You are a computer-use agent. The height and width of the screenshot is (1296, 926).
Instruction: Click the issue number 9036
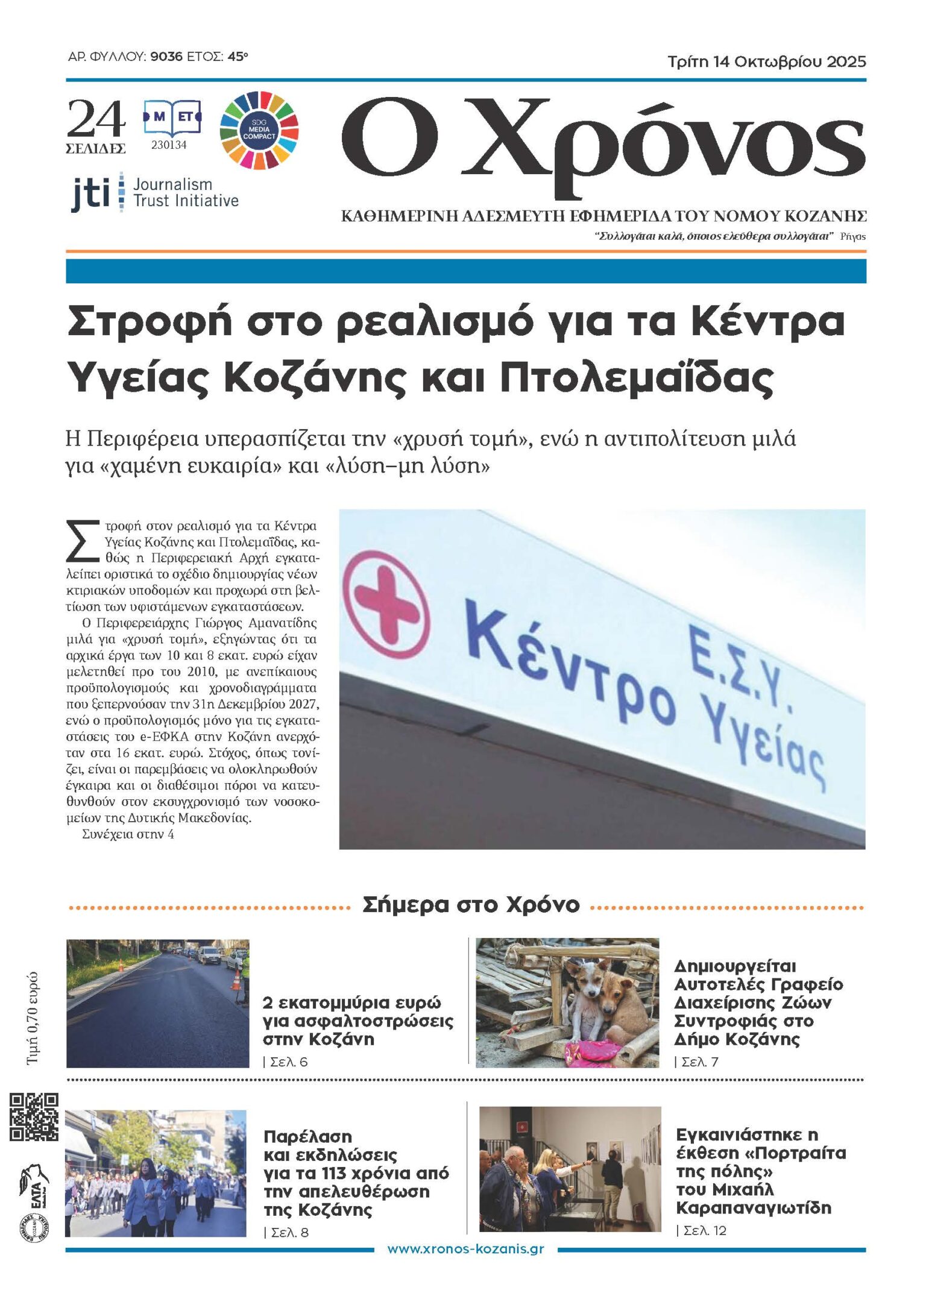[166, 57]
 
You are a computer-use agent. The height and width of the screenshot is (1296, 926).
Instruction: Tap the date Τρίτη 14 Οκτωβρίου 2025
[766, 61]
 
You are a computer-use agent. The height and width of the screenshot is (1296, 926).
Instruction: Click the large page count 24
[96, 119]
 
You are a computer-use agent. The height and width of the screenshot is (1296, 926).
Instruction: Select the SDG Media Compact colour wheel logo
[259, 130]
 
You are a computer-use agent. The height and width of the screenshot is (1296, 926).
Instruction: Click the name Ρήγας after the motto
[852, 236]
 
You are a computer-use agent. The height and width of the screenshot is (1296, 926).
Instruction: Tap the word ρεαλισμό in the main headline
[435, 322]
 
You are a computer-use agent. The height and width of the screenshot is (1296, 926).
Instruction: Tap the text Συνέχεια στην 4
[128, 834]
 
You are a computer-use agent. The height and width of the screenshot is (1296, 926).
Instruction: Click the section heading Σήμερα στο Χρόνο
[471, 905]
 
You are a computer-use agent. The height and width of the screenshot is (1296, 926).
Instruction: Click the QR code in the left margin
[34, 1116]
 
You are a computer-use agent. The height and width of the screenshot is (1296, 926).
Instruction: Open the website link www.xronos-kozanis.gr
[465, 1248]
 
